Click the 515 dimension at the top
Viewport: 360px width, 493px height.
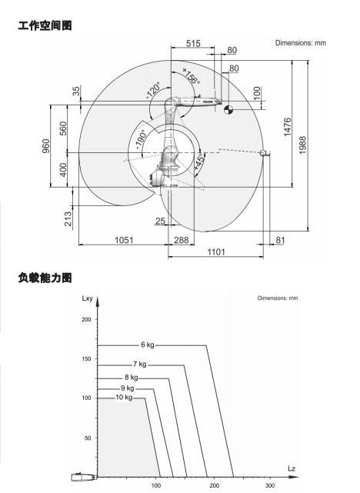click(193, 43)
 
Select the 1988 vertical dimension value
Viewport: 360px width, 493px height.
click(302, 145)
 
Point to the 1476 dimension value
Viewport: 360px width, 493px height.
click(288, 128)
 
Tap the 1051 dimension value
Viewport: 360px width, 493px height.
click(124, 240)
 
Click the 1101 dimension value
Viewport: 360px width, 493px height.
click(216, 251)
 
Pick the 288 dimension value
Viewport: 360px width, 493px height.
click(182, 240)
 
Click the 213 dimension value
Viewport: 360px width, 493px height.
click(68, 219)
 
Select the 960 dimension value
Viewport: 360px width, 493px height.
click(46, 146)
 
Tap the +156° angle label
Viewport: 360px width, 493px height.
click(191, 76)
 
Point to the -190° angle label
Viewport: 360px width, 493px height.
click(141, 139)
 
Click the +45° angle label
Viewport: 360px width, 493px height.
click(199, 162)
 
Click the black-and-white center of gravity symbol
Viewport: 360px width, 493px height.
click(228, 110)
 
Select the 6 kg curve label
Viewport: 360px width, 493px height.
click(148, 345)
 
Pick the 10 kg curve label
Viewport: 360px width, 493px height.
click(124, 398)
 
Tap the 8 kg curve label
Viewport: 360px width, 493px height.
click(132, 378)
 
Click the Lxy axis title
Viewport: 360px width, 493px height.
click(87, 298)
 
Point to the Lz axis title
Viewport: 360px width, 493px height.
click(292, 469)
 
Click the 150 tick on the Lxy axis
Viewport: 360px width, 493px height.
click(86, 358)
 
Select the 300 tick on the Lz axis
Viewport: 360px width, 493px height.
click(270, 485)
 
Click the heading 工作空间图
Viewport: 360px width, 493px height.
click(45, 25)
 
